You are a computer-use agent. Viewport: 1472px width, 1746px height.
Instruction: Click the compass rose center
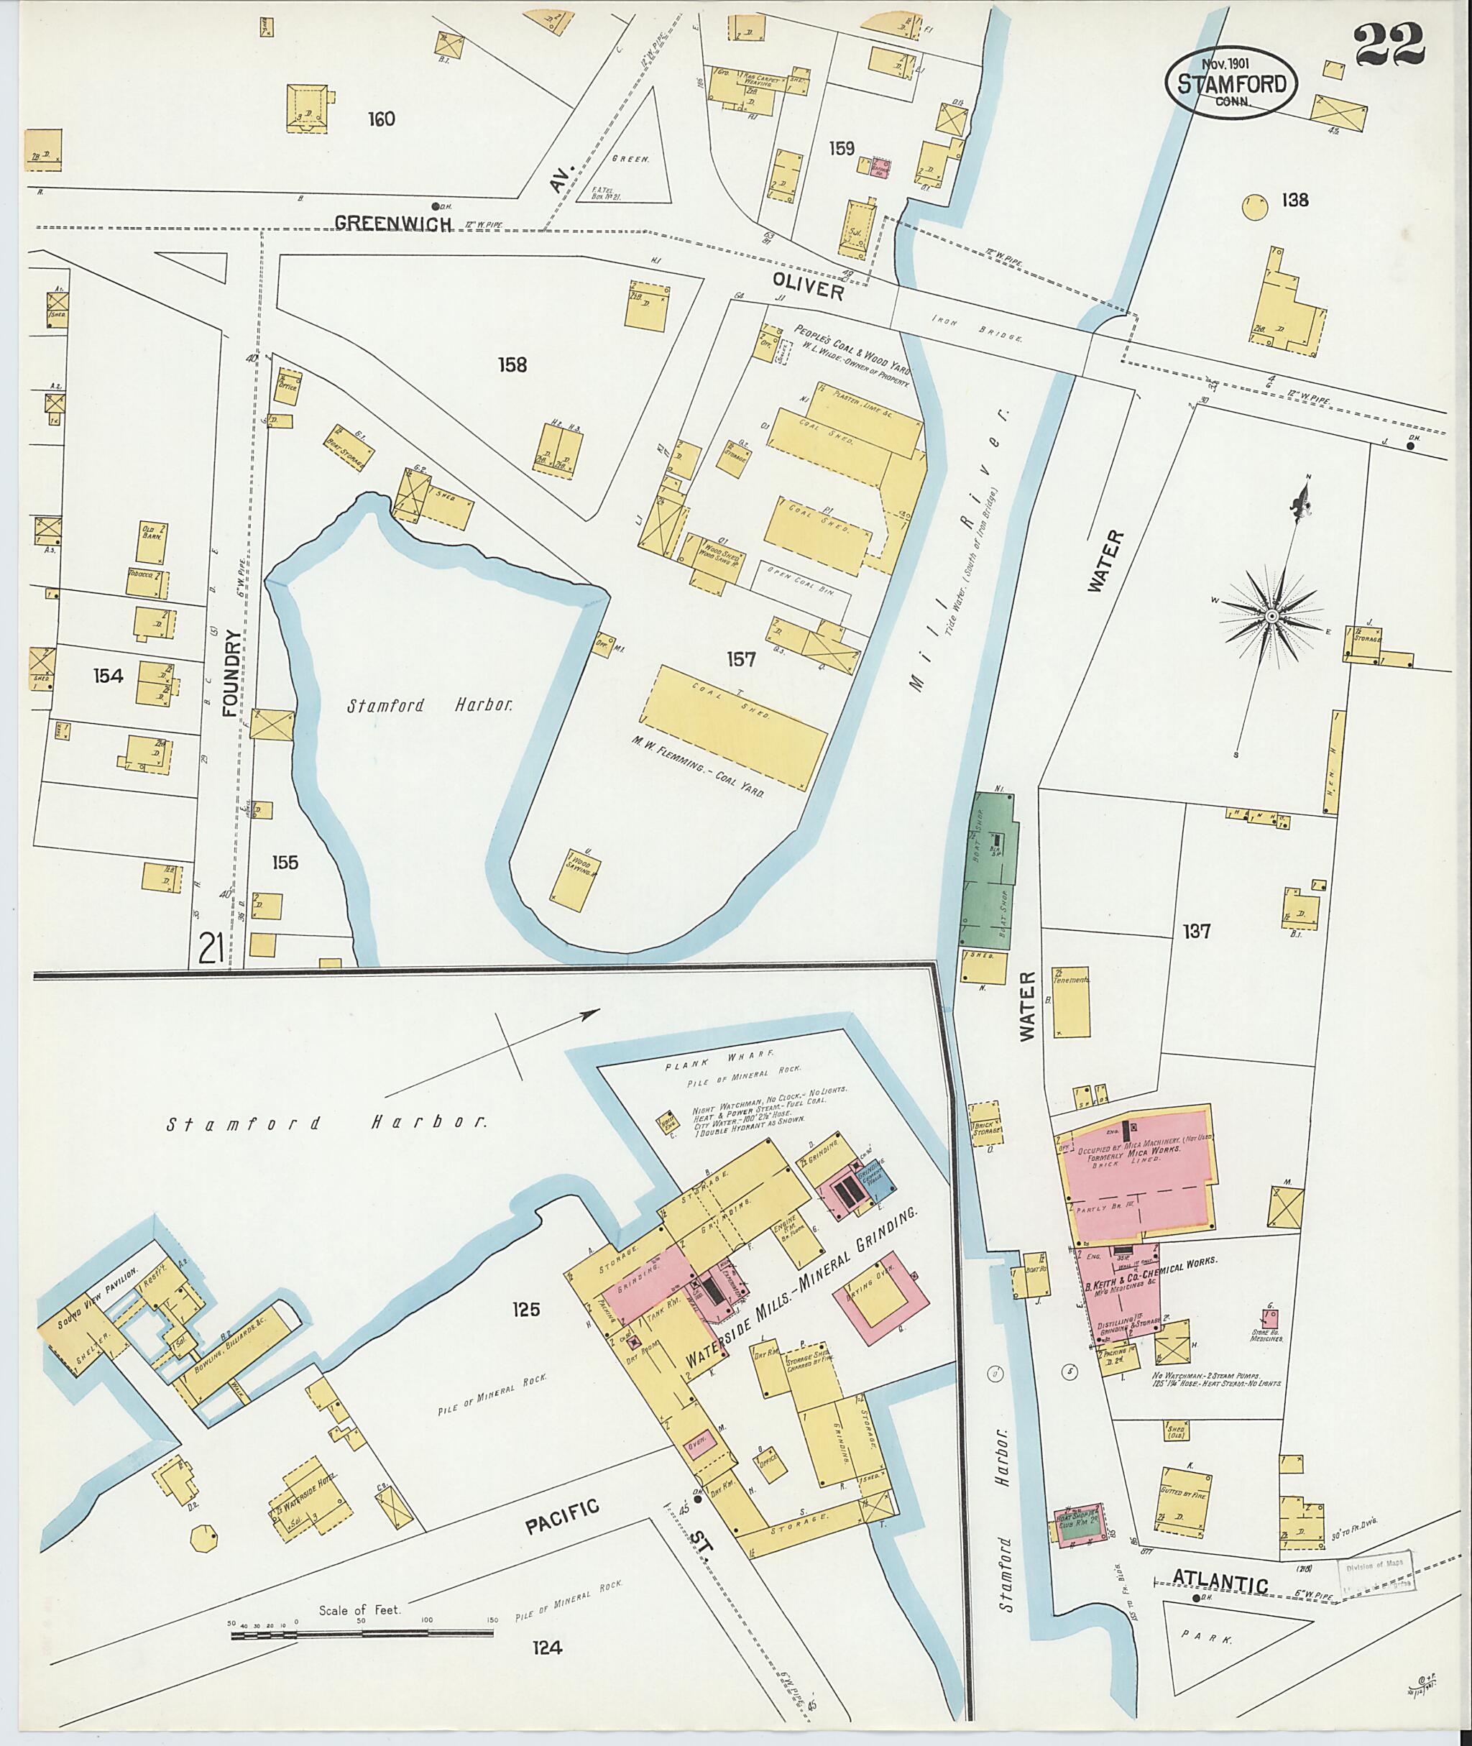click(x=1271, y=616)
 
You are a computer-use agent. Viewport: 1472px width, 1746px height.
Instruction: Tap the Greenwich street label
click(x=393, y=223)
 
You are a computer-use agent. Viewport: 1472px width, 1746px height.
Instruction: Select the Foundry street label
click(x=232, y=673)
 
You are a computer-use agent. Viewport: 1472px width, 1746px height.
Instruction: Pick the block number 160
click(x=380, y=119)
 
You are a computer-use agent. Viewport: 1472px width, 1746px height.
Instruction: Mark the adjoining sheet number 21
click(x=214, y=948)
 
